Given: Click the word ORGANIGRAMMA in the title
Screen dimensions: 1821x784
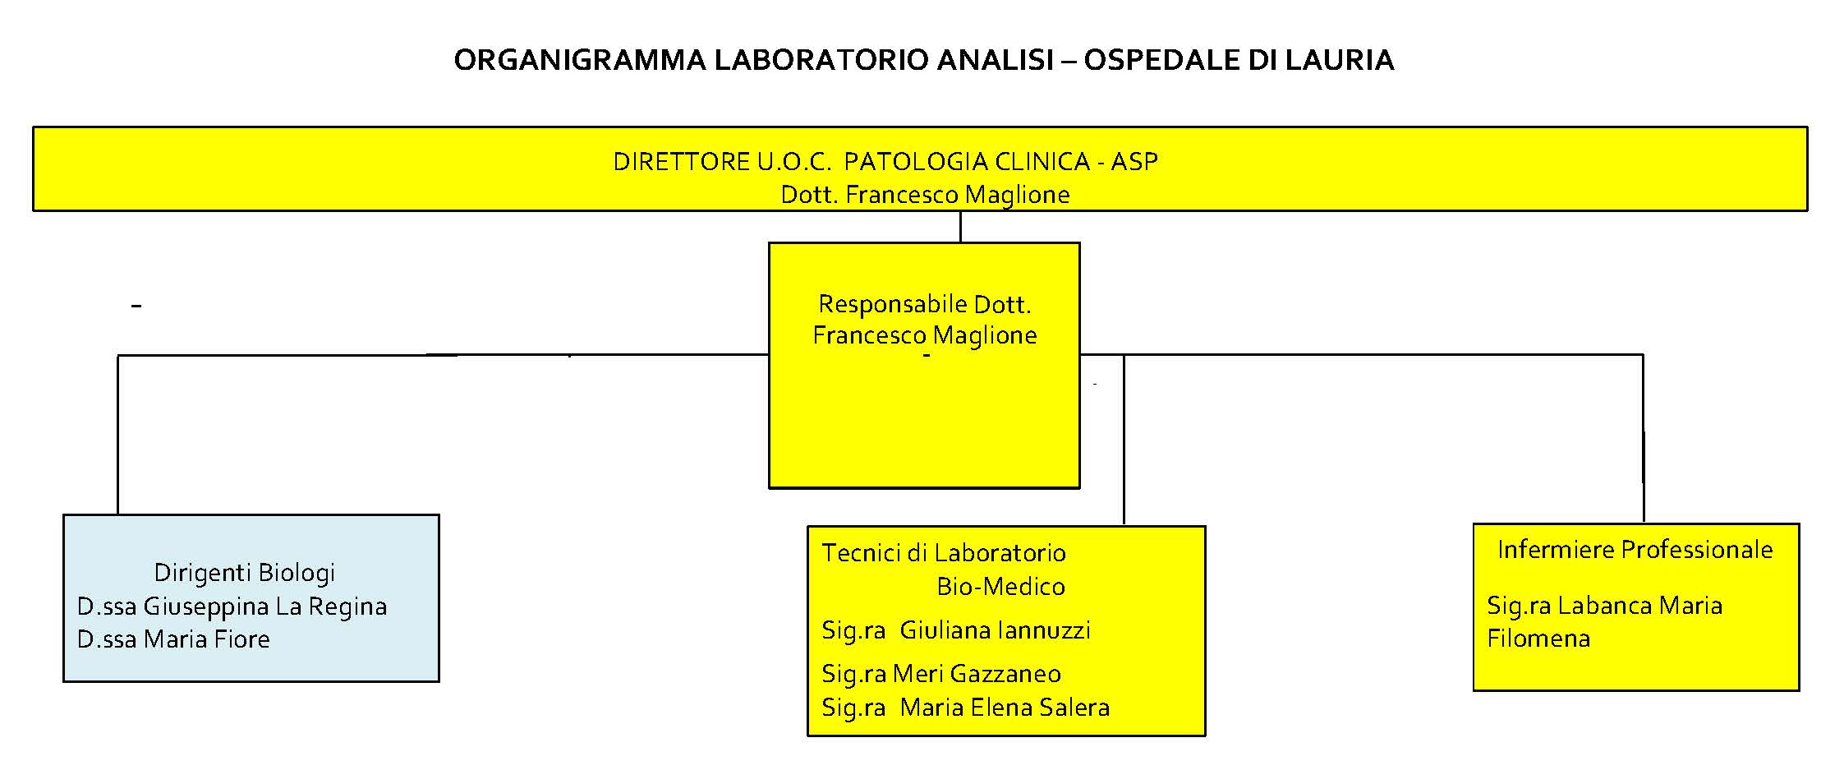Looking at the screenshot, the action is tap(580, 60).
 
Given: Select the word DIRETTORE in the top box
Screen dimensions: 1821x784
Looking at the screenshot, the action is tap(681, 161).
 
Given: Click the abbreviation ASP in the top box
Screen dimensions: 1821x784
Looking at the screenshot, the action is tap(1134, 161).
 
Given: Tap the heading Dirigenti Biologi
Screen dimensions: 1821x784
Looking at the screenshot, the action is tap(245, 573).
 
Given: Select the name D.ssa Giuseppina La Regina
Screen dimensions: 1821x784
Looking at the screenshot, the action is tap(232, 606).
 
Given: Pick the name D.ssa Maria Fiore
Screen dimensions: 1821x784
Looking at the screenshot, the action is tap(173, 639).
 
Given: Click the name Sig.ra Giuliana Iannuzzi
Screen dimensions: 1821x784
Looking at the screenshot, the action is tap(956, 630).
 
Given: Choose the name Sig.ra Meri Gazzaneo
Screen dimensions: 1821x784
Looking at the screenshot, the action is tap(941, 674).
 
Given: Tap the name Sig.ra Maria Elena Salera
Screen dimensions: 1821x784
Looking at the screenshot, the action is tap(966, 708).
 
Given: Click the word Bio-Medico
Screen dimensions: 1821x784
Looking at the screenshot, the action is tap(1000, 587).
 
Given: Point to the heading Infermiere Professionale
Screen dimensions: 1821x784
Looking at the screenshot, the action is tap(1635, 550).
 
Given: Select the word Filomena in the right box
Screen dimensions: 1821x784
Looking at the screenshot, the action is tap(1538, 639).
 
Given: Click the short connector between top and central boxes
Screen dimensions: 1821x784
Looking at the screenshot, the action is tap(960, 227).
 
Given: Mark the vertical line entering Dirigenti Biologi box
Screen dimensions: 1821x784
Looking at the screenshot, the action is tap(118, 435).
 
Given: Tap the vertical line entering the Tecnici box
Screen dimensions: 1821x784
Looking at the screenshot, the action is tap(1124, 440).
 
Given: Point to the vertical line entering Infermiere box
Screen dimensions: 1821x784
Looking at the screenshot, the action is tap(1643, 438).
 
